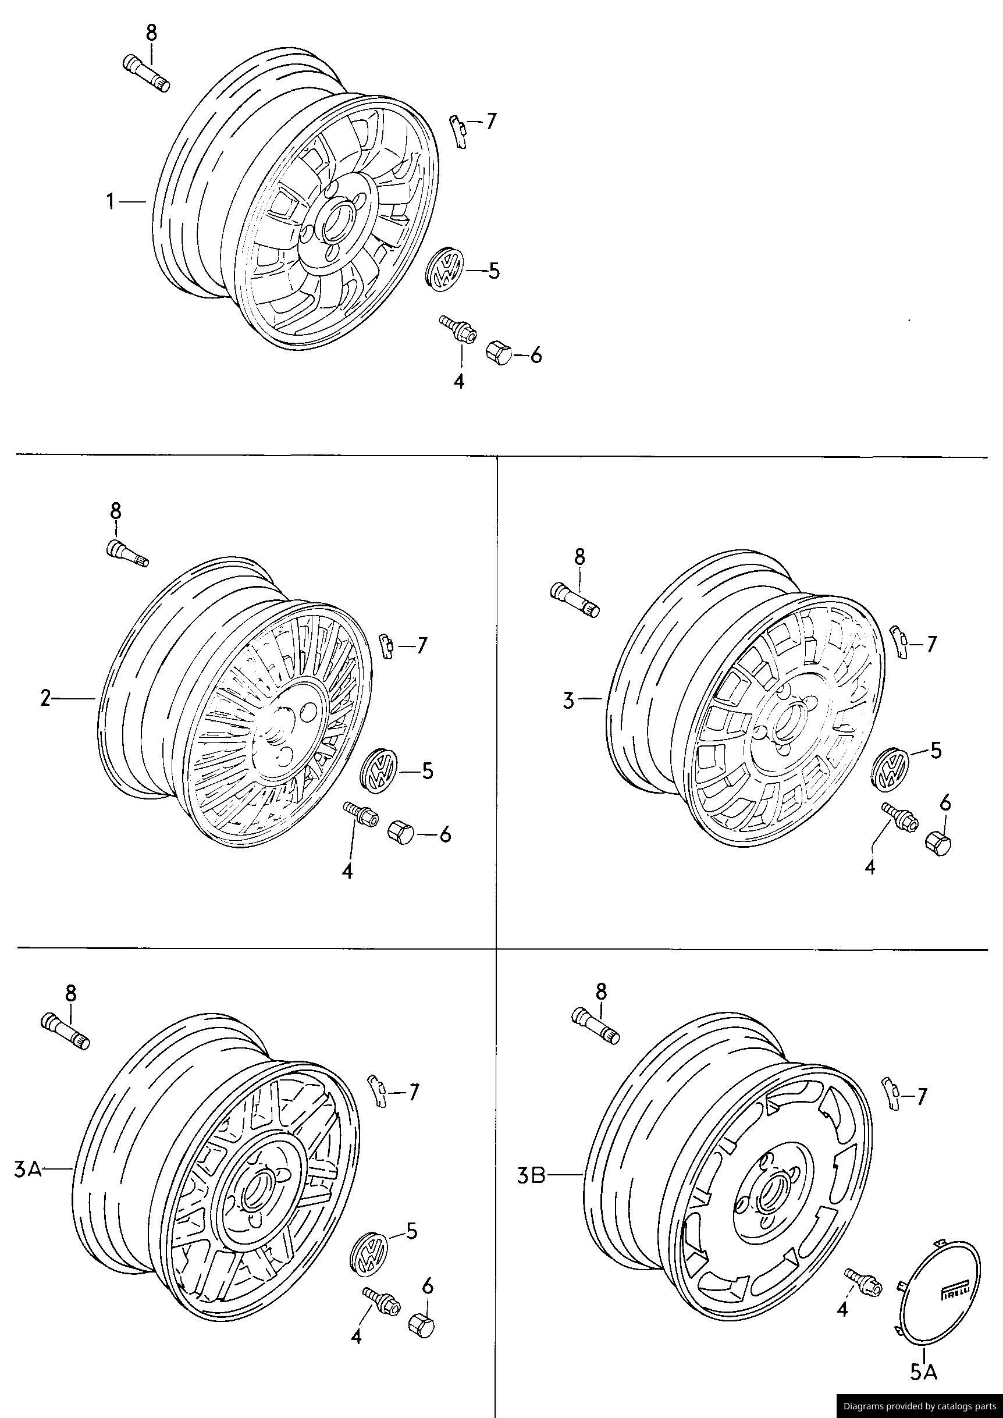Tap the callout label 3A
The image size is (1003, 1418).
[x=27, y=1169]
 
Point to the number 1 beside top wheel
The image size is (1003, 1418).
[x=110, y=201]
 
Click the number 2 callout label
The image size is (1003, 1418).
[x=45, y=698]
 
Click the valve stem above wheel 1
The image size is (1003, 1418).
[x=147, y=73]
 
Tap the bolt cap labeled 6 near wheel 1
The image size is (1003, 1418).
[x=499, y=353]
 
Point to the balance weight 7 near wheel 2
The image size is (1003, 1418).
[x=387, y=646]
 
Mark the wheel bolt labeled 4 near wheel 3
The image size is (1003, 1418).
[x=901, y=816]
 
